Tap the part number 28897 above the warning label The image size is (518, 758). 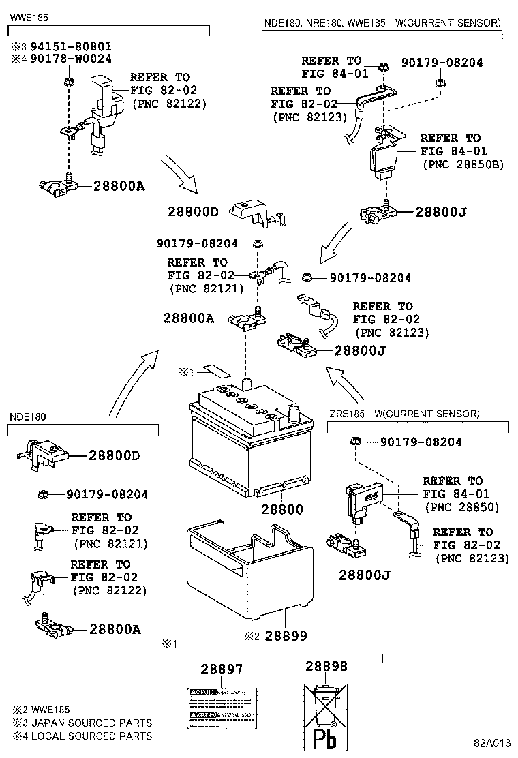221,670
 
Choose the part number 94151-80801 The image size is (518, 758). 69,46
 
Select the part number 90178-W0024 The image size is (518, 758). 69,59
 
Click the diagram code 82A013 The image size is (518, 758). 493,743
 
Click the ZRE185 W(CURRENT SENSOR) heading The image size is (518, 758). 404,414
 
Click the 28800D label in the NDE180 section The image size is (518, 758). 114,455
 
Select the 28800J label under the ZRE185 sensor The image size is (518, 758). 365,575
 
